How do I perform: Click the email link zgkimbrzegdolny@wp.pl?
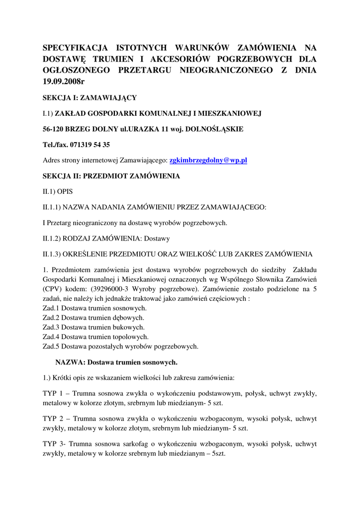(x=208, y=161)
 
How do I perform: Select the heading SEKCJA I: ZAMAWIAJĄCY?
(x=90, y=97)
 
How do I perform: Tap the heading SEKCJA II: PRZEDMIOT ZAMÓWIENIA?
(x=111, y=176)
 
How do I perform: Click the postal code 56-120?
(x=53, y=129)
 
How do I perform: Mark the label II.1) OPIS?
(x=58, y=191)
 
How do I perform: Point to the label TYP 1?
(x=53, y=393)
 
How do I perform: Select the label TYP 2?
(x=53, y=419)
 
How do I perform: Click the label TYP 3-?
(x=54, y=444)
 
